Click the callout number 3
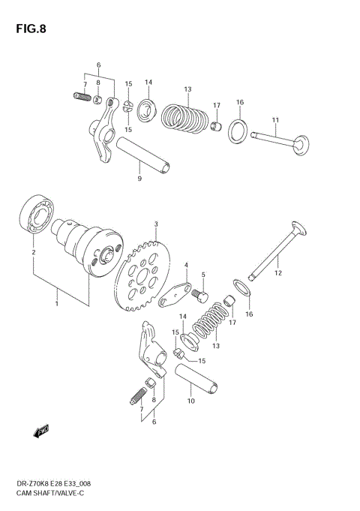156,224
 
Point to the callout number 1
56,304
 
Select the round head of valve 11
301,142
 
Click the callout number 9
139,179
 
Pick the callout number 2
33,253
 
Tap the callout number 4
186,265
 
